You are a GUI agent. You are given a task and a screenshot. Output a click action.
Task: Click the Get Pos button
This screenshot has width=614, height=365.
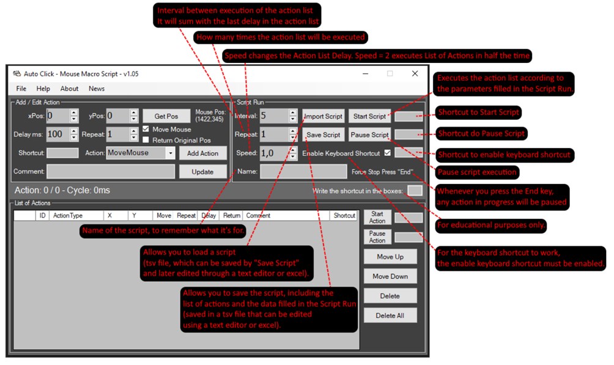(x=166, y=116)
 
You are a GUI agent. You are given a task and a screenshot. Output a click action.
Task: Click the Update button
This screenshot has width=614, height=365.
(x=203, y=172)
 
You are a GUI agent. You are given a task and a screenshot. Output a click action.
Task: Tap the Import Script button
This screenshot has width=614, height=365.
(x=324, y=116)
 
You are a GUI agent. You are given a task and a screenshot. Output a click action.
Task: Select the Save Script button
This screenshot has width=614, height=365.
(x=324, y=135)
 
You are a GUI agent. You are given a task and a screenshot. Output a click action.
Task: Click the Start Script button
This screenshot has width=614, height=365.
(x=369, y=116)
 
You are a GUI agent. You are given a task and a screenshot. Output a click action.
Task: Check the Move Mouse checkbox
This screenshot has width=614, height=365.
(x=146, y=129)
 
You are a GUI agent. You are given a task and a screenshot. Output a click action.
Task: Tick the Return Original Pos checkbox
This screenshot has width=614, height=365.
(x=146, y=140)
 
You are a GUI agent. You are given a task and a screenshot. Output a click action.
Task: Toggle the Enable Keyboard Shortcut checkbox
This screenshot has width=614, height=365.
(x=387, y=153)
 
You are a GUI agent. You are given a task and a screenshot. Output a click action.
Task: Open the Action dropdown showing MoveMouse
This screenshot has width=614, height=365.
(x=141, y=153)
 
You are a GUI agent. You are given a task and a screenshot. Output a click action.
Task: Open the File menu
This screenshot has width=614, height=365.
(x=21, y=89)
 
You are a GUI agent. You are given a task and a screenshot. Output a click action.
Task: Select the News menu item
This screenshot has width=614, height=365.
(x=97, y=89)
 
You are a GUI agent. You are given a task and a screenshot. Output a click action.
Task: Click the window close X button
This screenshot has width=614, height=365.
(x=415, y=73)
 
